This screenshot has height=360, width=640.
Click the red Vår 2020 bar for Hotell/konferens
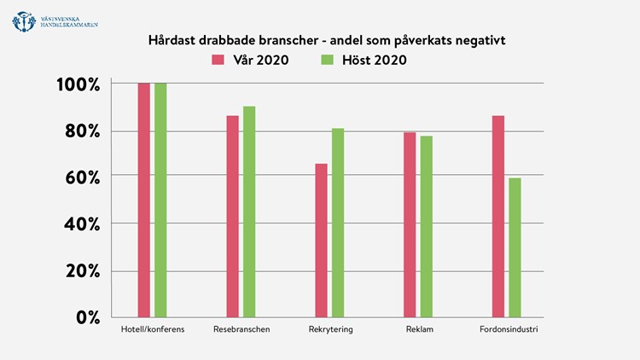[x=143, y=200]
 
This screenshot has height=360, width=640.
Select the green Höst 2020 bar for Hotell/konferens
[x=160, y=200]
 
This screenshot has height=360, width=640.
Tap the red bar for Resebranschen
[x=232, y=216]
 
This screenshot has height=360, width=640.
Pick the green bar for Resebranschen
[x=249, y=211]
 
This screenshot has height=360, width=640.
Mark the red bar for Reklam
[x=410, y=224]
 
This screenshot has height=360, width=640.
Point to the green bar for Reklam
[x=426, y=226]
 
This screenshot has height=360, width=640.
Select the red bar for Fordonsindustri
[x=498, y=216]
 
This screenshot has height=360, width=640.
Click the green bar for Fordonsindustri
[x=515, y=247]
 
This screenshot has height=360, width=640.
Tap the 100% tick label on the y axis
[x=79, y=85]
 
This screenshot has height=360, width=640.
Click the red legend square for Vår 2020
[x=217, y=60]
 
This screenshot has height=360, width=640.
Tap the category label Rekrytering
[x=329, y=329]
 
